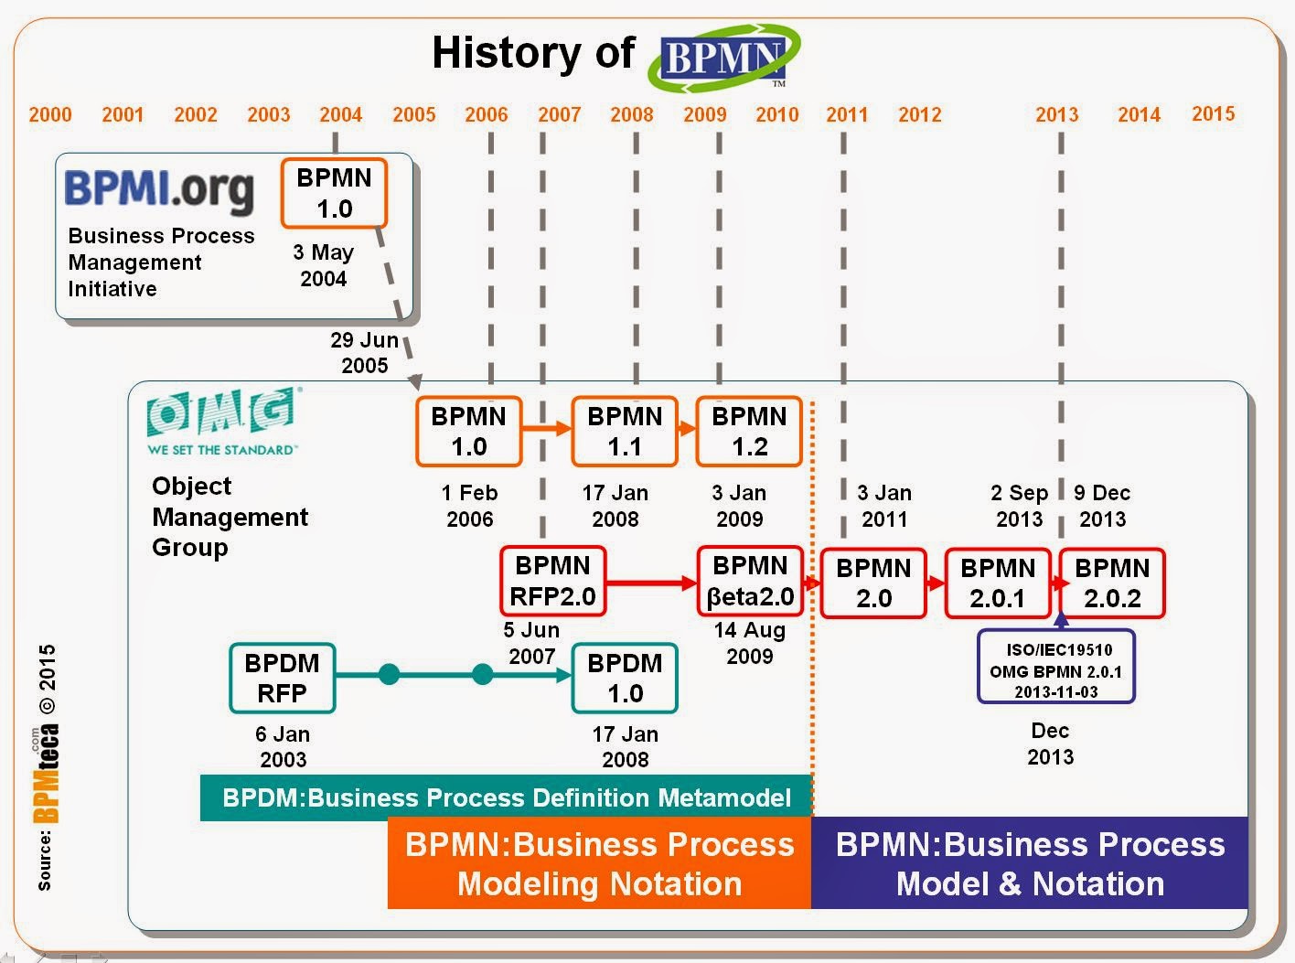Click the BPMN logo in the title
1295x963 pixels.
coord(723,59)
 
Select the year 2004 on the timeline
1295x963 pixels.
coord(340,114)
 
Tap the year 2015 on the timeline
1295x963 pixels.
coord(1213,113)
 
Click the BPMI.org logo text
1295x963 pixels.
coord(159,189)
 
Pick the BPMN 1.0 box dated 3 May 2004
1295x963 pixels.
coord(334,193)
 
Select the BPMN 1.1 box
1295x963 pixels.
coord(625,432)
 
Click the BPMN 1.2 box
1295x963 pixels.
coord(749,432)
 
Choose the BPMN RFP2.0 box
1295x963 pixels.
coord(552,581)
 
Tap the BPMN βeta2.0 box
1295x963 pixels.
coord(750,581)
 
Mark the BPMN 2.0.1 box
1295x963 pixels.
coord(998,583)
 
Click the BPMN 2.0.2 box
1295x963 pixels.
coord(1112,583)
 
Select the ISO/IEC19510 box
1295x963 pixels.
coord(1056,670)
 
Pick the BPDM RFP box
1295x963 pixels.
coord(282,679)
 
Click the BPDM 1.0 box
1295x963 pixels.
coord(625,679)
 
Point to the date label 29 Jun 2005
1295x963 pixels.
coord(364,352)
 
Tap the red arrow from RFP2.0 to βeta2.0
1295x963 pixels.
coord(650,583)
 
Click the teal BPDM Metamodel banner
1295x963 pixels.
coord(506,797)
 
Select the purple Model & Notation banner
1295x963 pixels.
coord(1030,863)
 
